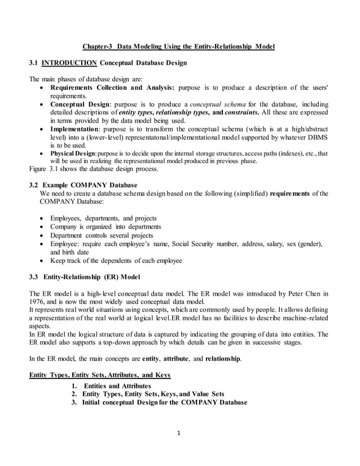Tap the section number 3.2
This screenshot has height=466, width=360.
(33, 184)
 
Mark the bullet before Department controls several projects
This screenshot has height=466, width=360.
(42, 235)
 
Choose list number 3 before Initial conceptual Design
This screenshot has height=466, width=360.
(74, 402)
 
